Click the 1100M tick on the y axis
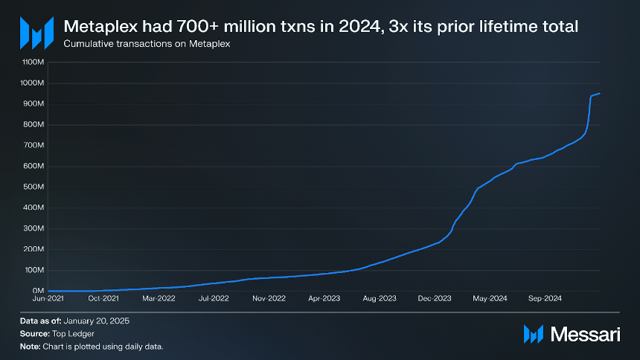pyautogui.click(x=33, y=62)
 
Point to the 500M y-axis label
pyautogui.click(x=33, y=187)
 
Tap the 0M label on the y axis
pyautogui.click(x=38, y=291)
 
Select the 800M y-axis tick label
pyautogui.click(x=33, y=124)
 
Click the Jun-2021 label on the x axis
pyautogui.click(x=48, y=298)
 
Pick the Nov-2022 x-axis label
pyautogui.click(x=269, y=298)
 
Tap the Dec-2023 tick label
pyautogui.click(x=435, y=298)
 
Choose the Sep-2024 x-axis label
pyautogui.click(x=545, y=298)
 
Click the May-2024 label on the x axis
pyautogui.click(x=490, y=298)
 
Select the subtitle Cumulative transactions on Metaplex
pyautogui.click(x=147, y=44)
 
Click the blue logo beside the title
pyautogui.click(x=36, y=33)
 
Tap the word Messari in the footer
pyautogui.click(x=586, y=334)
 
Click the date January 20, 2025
pyautogui.click(x=96, y=321)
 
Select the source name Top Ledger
pyautogui.click(x=73, y=333)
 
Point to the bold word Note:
pyautogui.click(x=31, y=347)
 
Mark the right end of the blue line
pyautogui.click(x=600, y=94)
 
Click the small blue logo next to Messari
pyautogui.click(x=534, y=334)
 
